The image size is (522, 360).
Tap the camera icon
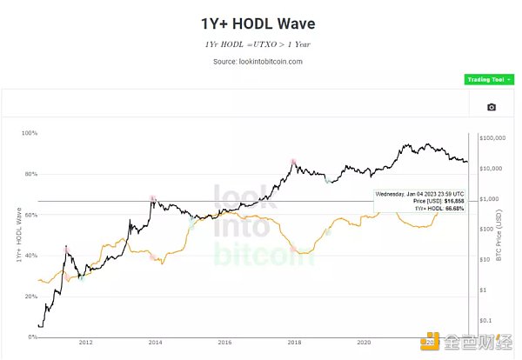[492, 107]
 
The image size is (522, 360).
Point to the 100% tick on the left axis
[29, 133]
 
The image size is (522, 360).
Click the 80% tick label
[30, 174]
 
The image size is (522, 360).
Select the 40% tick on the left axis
[30, 256]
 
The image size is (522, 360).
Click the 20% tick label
[30, 297]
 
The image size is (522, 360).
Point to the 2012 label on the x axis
[84, 343]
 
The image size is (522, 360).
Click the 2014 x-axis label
[154, 343]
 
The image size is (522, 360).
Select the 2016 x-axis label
[224, 343]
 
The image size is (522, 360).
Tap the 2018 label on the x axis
[294, 343]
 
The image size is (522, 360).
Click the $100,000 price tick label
[493, 138]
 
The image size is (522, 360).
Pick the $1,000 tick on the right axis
[489, 199]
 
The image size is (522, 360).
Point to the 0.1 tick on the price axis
[485, 319]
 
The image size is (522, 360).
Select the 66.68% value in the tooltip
[452, 208]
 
